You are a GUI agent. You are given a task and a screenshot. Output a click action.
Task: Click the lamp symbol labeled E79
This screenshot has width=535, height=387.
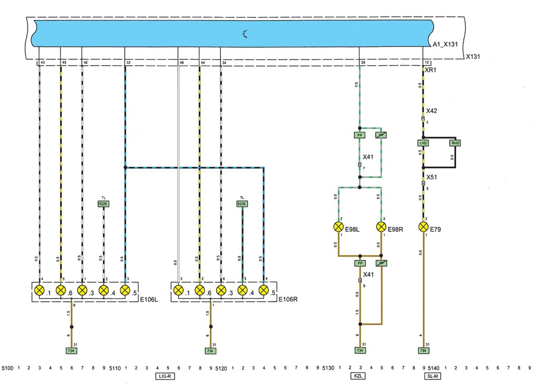(x=423, y=227)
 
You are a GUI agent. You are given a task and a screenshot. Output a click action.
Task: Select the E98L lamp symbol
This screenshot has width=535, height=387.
(x=339, y=227)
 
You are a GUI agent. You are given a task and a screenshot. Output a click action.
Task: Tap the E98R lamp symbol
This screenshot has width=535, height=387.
(x=381, y=227)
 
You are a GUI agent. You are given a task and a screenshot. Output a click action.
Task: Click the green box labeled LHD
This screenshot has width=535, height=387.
(x=423, y=143)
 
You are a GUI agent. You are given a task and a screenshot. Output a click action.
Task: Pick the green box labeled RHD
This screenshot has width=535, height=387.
(x=455, y=143)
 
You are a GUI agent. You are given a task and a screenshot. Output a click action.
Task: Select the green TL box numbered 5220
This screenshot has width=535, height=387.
(x=103, y=204)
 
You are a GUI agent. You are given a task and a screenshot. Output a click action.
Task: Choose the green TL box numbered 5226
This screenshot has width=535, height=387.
(x=242, y=204)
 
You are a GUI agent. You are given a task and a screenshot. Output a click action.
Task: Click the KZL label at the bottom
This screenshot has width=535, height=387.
(x=359, y=377)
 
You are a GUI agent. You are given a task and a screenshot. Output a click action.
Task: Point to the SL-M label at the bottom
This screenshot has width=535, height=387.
(x=433, y=377)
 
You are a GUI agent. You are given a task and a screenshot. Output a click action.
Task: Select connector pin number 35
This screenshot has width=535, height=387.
(x=363, y=63)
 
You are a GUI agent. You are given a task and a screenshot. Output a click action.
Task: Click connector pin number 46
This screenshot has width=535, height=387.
(x=181, y=63)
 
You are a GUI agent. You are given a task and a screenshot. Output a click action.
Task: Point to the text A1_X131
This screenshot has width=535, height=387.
(x=445, y=44)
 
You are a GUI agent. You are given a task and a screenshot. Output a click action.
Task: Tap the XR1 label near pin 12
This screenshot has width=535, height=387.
(x=430, y=70)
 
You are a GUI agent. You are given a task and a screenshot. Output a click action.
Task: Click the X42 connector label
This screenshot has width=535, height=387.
(x=432, y=111)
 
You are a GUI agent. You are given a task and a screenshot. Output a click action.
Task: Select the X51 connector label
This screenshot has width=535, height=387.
(x=432, y=177)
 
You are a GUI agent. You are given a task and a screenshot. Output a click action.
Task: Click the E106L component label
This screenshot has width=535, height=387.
(x=149, y=299)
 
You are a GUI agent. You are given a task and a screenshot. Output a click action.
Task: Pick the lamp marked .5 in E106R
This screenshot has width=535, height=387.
(x=263, y=290)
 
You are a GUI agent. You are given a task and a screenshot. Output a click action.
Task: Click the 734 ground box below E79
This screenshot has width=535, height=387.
(x=423, y=351)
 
